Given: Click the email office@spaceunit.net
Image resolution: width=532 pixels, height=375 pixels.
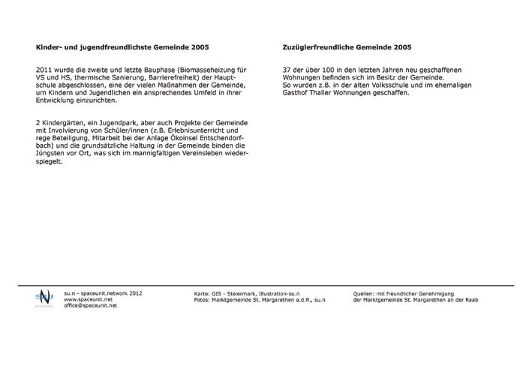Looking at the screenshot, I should (91, 307).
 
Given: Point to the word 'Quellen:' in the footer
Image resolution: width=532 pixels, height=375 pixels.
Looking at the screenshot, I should (365, 293).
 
